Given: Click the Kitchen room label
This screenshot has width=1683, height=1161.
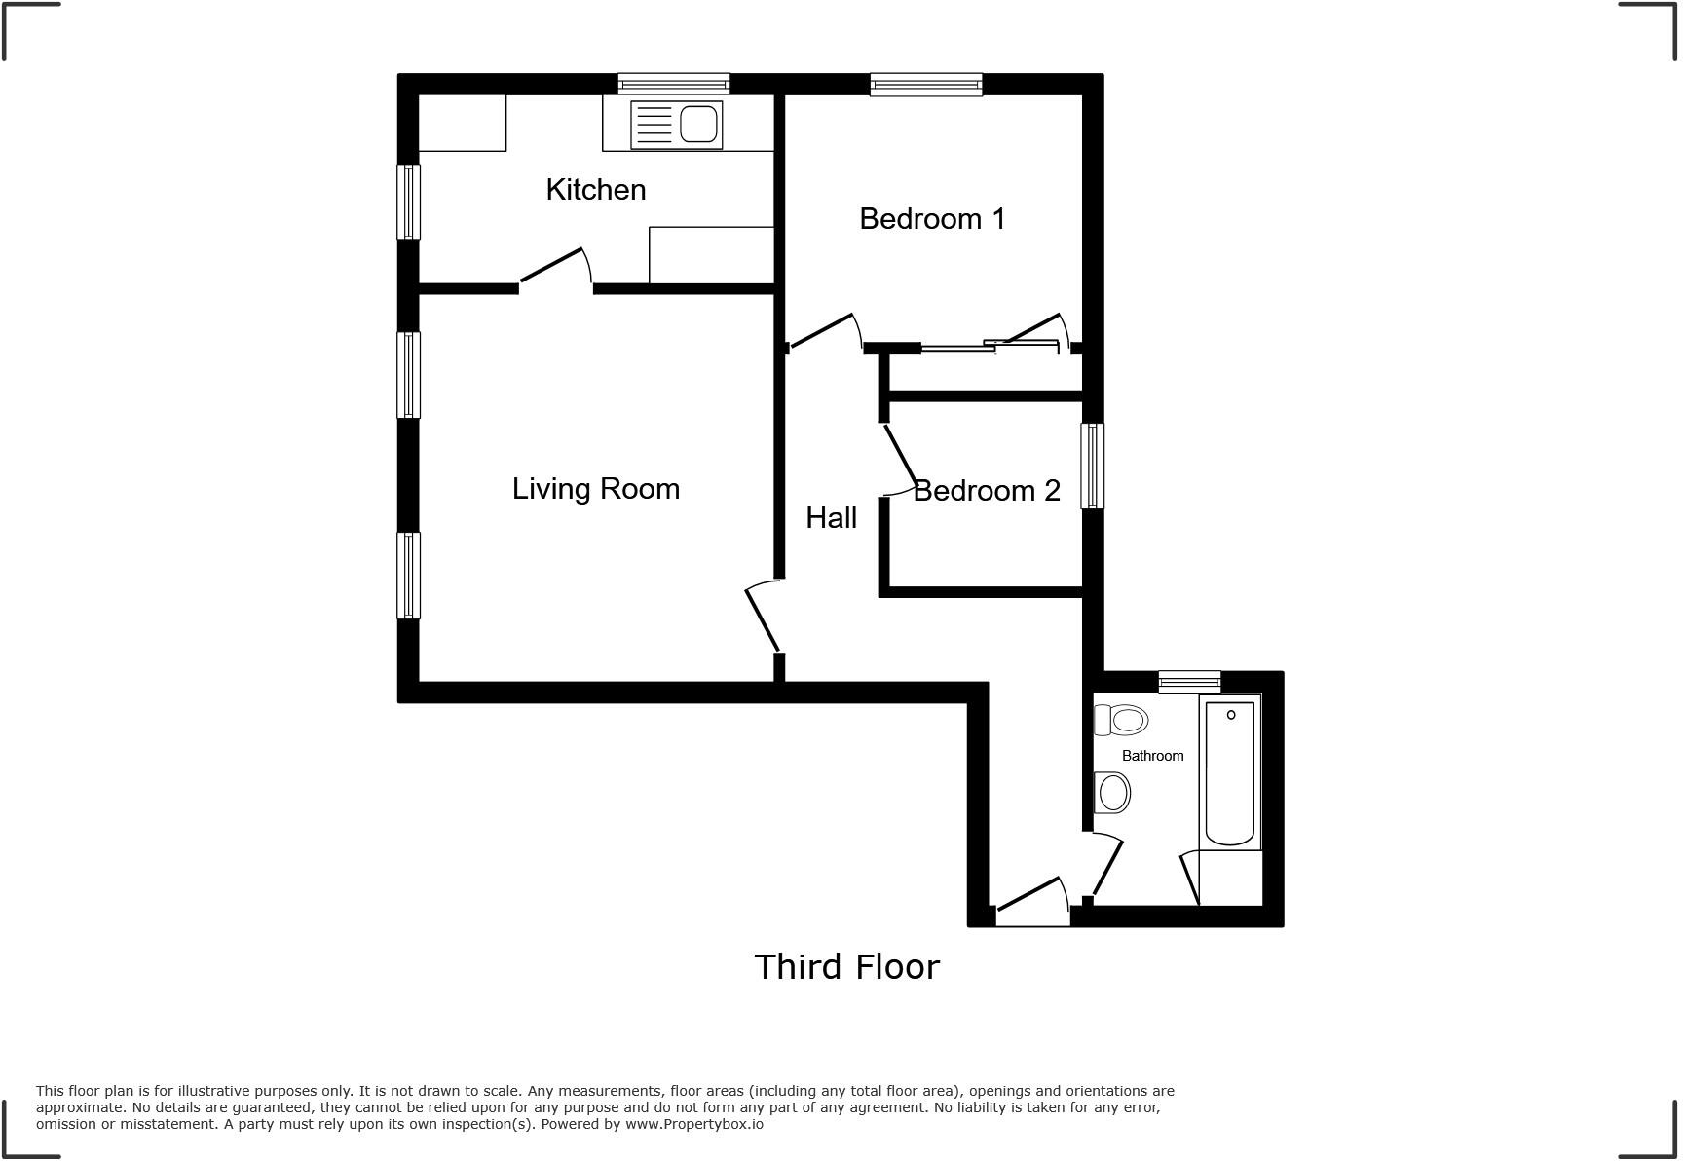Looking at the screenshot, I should click(595, 189).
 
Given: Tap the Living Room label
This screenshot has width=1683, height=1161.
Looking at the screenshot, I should click(595, 488).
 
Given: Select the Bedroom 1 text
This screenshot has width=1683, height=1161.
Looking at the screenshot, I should click(931, 218).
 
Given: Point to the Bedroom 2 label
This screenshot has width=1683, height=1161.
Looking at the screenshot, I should click(986, 490).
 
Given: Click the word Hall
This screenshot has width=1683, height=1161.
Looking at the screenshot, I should click(831, 517).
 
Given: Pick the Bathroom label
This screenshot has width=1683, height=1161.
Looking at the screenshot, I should click(1152, 756).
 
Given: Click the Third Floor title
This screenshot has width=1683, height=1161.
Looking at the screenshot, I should click(846, 966).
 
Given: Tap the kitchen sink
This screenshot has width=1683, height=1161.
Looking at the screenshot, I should click(677, 125).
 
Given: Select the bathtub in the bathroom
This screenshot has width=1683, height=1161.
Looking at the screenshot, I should click(1229, 771).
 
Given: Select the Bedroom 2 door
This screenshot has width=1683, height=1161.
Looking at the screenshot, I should click(899, 458).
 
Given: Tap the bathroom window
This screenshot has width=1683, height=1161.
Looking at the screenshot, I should click(1189, 683).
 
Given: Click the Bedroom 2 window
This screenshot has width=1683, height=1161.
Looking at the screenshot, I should click(1093, 466).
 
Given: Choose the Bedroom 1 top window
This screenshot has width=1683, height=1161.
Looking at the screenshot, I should click(925, 85).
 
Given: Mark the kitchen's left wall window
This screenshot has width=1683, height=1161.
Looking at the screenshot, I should click(408, 202).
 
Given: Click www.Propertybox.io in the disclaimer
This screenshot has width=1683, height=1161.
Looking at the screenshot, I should click(693, 1124).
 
